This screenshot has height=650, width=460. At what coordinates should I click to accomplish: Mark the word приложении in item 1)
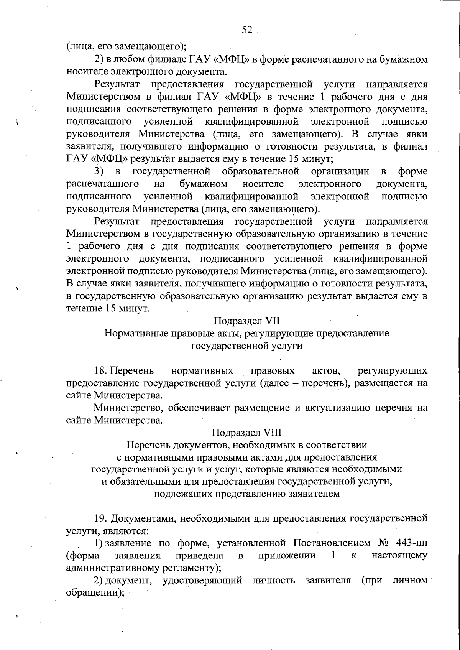[287, 556]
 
